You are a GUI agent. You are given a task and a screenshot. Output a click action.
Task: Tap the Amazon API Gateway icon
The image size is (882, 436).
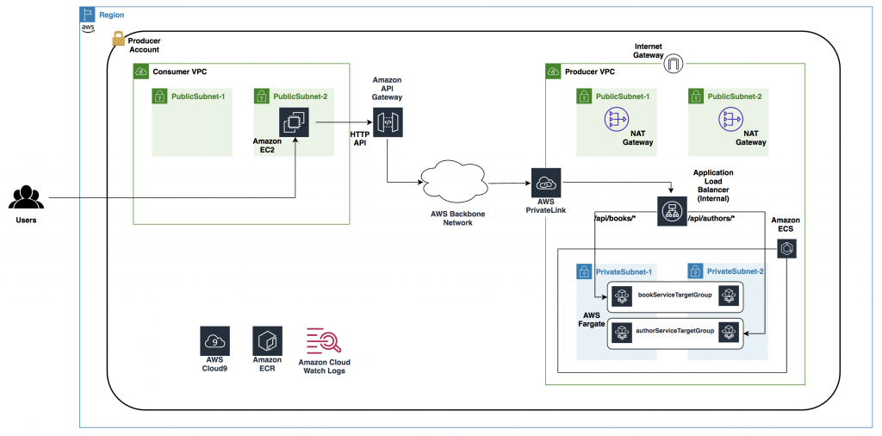(x=387, y=122)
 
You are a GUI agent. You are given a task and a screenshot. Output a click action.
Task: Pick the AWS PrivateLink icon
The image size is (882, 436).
(x=546, y=184)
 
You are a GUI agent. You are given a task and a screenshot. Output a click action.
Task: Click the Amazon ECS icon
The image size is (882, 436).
(x=787, y=249)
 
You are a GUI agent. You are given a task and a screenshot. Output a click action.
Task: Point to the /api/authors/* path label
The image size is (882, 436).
(x=713, y=219)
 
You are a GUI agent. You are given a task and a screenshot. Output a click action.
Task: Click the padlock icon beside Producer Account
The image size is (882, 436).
(x=117, y=40)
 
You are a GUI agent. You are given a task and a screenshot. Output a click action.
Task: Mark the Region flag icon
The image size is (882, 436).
(x=88, y=15)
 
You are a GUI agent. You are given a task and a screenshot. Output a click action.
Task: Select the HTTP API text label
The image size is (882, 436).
(x=359, y=140)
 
